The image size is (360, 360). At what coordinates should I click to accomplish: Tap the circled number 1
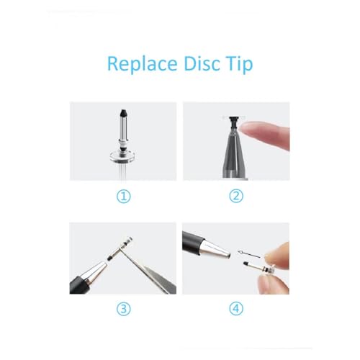coord(124,196)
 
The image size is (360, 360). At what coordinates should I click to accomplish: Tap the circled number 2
coord(236,196)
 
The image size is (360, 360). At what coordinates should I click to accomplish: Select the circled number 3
coord(124,310)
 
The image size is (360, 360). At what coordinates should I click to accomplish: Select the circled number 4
coord(236,310)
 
